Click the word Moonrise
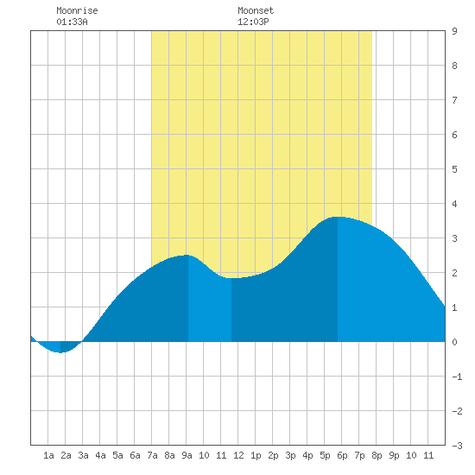tap(77, 10)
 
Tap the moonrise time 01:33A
tap(72, 22)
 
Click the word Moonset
tap(256, 10)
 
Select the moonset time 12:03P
tap(253, 22)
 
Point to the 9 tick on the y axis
tap(454, 31)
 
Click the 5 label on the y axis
tap(454, 169)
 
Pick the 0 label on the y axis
tap(454, 342)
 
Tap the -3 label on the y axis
tap(457, 446)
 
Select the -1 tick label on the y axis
tap(457, 377)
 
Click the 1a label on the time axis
tap(48, 455)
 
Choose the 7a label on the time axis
tap(152, 455)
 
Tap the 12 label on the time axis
tap(238, 455)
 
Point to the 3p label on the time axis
tap(290, 455)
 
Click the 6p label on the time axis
tap(342, 455)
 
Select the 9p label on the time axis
tap(394, 455)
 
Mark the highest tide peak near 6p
tap(338, 217)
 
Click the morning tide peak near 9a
tap(187, 255)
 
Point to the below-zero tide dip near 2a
tap(60, 352)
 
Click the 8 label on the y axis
tap(454, 66)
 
